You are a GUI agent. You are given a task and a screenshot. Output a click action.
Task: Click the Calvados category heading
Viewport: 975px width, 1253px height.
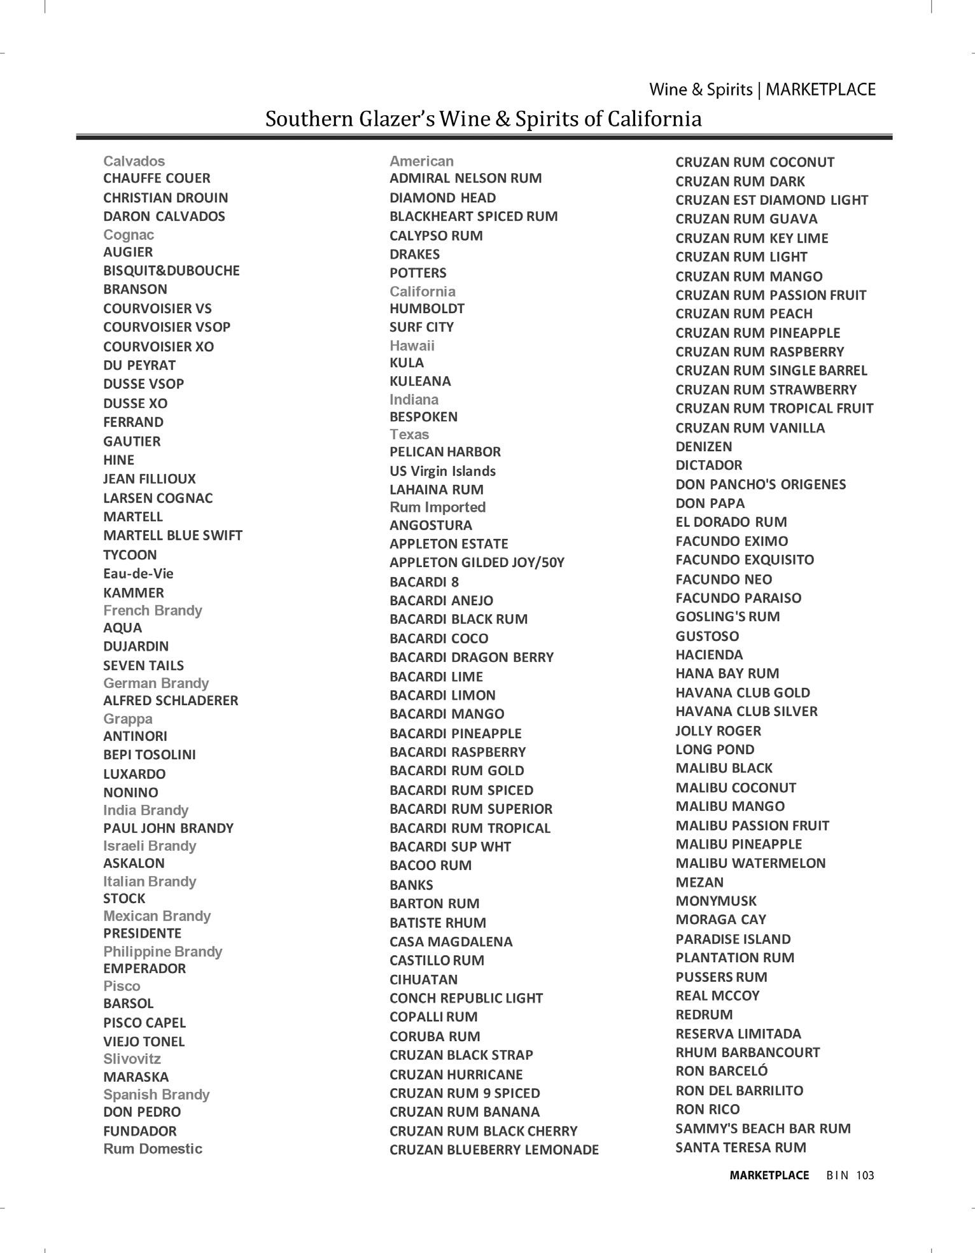tap(134, 161)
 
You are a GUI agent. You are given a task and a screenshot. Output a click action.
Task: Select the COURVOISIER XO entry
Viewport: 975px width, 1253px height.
tap(158, 346)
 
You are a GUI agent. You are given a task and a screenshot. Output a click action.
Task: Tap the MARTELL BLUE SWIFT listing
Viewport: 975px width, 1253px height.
tap(172, 535)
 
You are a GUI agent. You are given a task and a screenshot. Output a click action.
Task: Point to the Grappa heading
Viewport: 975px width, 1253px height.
tap(128, 718)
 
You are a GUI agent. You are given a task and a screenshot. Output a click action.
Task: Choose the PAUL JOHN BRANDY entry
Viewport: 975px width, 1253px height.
tap(168, 828)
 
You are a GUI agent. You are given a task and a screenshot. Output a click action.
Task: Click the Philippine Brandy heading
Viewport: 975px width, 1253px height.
tap(162, 951)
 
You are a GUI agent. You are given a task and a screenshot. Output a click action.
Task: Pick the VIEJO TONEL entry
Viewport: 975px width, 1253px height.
tap(144, 1042)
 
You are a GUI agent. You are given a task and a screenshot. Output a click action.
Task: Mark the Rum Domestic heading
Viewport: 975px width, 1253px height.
tap(153, 1149)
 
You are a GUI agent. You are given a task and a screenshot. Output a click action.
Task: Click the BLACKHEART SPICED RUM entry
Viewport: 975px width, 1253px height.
tap(473, 216)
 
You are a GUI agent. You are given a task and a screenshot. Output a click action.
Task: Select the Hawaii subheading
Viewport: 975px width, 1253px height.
tap(412, 346)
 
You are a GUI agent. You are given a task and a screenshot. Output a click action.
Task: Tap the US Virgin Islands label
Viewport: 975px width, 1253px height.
tap(442, 471)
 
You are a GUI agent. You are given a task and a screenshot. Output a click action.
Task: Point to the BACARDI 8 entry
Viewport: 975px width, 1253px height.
tap(424, 582)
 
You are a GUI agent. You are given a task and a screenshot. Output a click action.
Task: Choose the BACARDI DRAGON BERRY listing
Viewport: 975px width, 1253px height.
tap(472, 657)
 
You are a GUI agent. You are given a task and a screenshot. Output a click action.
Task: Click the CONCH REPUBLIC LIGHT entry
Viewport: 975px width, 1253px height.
tap(466, 998)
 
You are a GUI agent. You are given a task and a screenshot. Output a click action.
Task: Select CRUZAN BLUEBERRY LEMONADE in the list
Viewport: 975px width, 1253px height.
tap(494, 1149)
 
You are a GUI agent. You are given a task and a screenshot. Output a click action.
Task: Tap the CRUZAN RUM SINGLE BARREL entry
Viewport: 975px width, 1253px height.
tap(771, 370)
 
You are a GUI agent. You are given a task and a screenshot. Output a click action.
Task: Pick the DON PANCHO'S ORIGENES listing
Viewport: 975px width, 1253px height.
tap(761, 484)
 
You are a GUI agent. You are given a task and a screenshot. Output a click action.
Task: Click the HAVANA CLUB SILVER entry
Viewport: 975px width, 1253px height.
tap(747, 711)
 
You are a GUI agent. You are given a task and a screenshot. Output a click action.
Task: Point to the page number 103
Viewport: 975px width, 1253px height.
tap(865, 1175)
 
